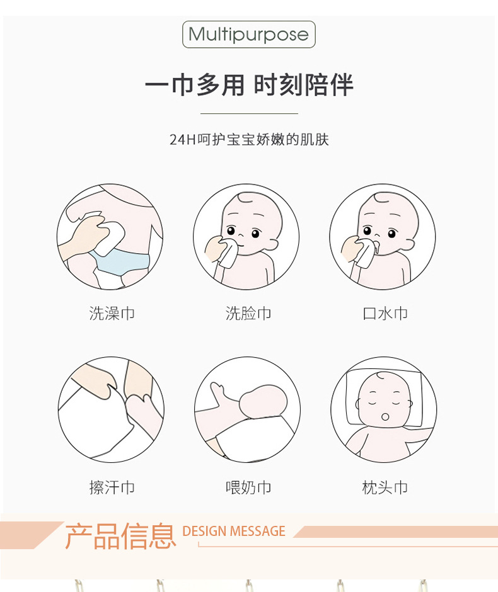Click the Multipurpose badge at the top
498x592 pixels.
click(x=248, y=34)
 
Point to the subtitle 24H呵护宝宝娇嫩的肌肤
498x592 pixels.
click(x=249, y=139)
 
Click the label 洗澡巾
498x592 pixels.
click(x=112, y=313)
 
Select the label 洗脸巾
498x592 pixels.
click(x=248, y=313)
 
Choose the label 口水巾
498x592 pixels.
click(x=385, y=313)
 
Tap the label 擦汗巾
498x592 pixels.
click(x=112, y=487)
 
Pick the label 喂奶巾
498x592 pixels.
click(x=248, y=487)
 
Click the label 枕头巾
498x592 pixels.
click(x=385, y=487)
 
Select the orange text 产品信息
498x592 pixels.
click(x=120, y=535)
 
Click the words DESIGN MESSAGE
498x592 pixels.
click(x=234, y=531)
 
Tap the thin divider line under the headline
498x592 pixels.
click(x=248, y=113)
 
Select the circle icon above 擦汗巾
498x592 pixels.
click(x=111, y=410)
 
